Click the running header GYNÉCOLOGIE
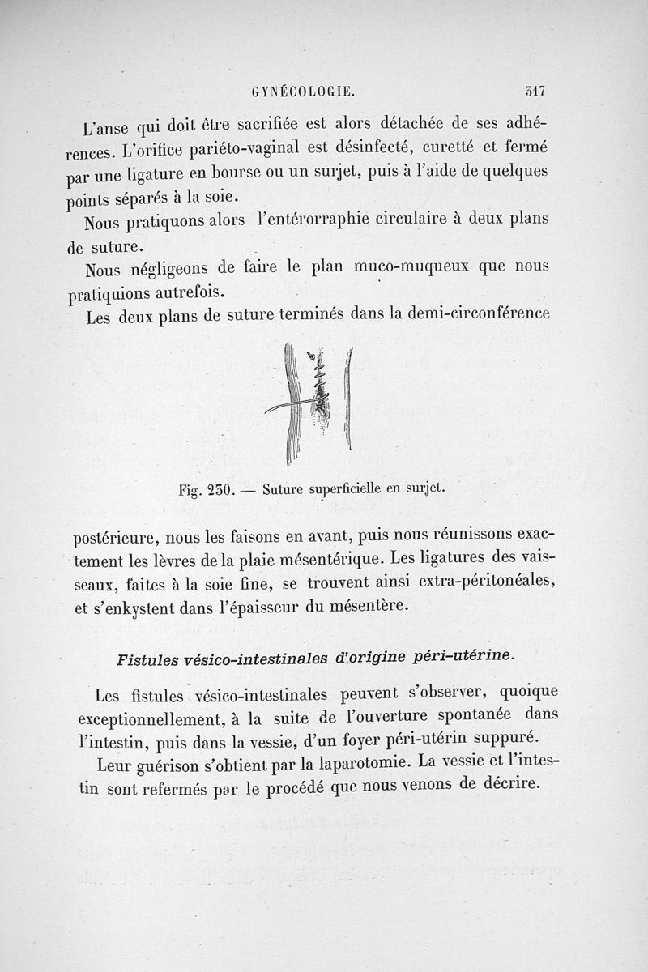305,92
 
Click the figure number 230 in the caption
219,489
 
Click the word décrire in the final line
504,788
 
